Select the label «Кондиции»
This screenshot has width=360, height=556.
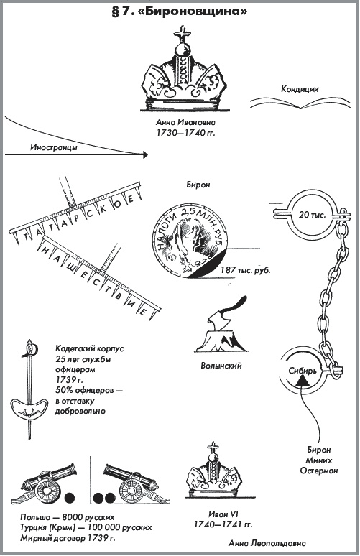pos(300,88)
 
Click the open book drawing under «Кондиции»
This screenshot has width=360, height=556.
pos(300,103)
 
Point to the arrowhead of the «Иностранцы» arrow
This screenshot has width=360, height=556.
pos(144,154)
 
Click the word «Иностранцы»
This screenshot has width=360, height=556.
pos(54,147)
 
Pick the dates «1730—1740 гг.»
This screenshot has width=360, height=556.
pos(186,133)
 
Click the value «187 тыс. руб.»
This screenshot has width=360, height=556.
pos(246,270)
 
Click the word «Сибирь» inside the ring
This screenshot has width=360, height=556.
pos(302,371)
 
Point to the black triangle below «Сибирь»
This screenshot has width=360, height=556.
pos(302,381)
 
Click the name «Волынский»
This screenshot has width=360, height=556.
pos(221,365)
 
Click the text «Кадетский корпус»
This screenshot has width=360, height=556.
pos(90,348)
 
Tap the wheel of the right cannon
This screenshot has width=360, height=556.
pos(131,491)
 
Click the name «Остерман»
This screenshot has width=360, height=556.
pos(319,471)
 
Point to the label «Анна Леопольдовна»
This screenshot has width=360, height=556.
pos(267,543)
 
